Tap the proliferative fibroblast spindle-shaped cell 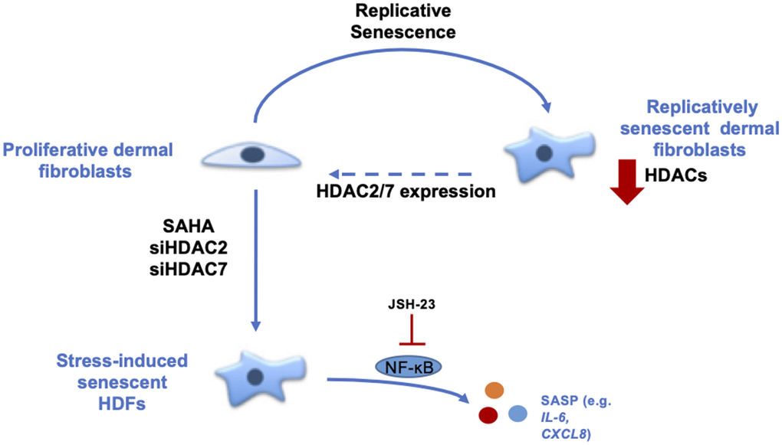tap(251, 155)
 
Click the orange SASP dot tap(494, 390)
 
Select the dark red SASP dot tap(489, 416)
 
